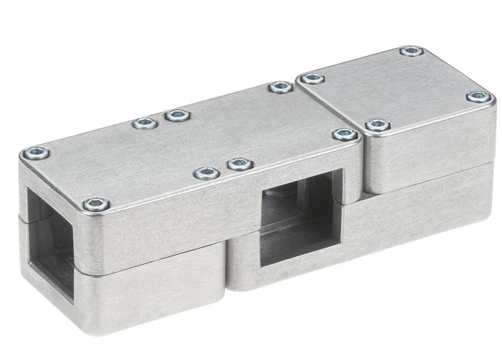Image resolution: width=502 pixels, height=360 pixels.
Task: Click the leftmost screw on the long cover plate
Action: click(36, 153)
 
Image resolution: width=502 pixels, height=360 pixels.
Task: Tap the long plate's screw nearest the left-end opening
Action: click(96, 204)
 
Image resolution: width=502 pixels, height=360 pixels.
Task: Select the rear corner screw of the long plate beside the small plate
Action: click(280, 87)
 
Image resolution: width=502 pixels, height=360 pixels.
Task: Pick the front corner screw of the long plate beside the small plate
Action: click(344, 135)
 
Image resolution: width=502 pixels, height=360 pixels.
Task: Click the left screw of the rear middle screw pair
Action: click(145, 123)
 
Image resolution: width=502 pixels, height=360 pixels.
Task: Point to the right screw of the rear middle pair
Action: click(178, 115)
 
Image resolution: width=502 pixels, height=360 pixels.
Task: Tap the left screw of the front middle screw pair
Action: click(207, 173)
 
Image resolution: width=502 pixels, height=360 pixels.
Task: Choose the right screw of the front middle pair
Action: click(240, 164)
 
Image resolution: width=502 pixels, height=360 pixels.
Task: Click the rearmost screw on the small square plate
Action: click(411, 51)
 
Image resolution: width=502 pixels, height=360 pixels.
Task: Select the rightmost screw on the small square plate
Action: click(479, 97)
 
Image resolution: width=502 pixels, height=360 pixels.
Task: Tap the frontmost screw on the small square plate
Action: click(377, 125)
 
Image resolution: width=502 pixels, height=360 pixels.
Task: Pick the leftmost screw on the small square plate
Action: click(312, 78)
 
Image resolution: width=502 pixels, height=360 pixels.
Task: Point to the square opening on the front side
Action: click(300, 220)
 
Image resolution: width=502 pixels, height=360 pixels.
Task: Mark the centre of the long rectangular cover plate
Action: click(193, 144)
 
